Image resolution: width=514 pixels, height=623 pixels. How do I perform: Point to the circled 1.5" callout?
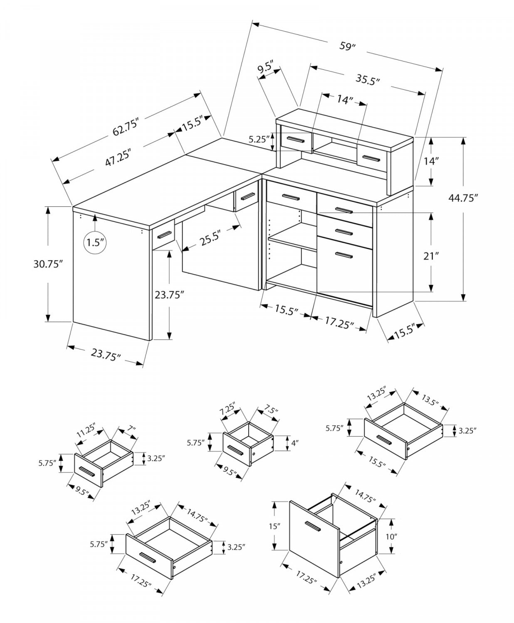95,242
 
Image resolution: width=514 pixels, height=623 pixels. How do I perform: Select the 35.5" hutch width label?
368,79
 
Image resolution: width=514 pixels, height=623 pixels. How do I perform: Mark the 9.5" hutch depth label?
265,67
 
